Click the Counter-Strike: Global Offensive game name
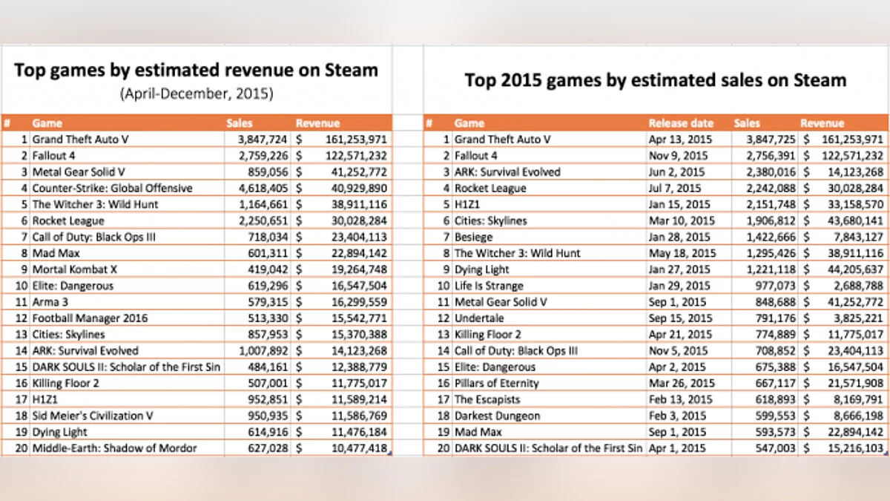pyautogui.click(x=112, y=188)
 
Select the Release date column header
pyautogui.click(x=681, y=123)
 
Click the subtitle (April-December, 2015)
pyautogui.click(x=197, y=94)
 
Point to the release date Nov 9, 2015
pyautogui.click(x=679, y=156)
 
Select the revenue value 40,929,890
pyautogui.click(x=356, y=188)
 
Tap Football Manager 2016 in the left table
pyautogui.click(x=90, y=318)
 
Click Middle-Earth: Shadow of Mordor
pyautogui.click(x=114, y=448)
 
